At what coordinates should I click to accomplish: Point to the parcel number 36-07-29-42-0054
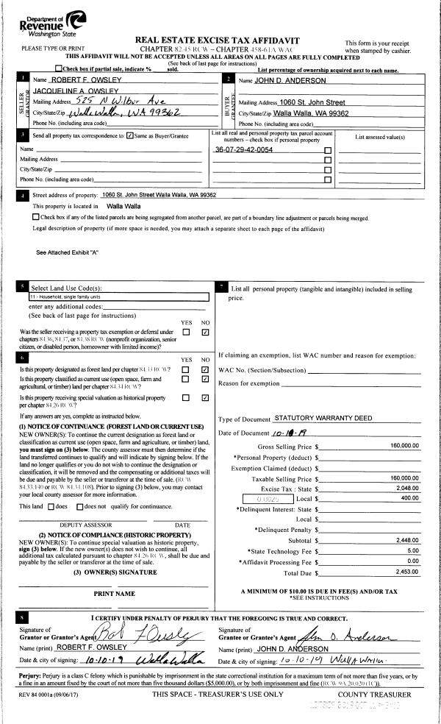tap(243, 149)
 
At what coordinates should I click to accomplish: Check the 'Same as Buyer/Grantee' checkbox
tap(130, 135)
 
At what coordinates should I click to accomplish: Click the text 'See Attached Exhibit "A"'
tap(67, 252)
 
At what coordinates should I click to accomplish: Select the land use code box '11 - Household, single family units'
tap(118, 297)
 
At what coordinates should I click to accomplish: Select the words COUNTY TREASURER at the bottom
tap(375, 694)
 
